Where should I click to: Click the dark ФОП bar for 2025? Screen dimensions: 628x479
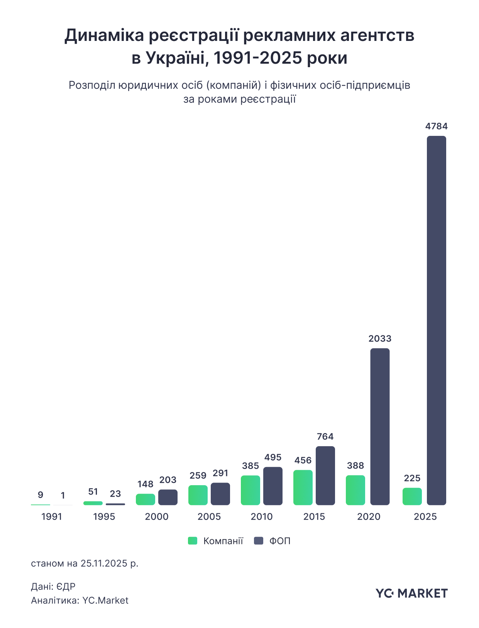[x=436, y=320]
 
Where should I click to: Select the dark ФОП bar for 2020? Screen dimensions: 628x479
[x=380, y=427]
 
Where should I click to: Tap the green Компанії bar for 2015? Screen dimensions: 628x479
[x=303, y=487]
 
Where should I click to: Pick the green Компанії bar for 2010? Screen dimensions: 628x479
[x=251, y=490]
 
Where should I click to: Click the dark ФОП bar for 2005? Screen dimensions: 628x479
[x=220, y=494]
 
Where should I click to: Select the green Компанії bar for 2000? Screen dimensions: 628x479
[x=146, y=499]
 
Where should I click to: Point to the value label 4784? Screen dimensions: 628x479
[x=437, y=126]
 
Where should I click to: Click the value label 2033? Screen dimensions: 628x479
[x=380, y=339]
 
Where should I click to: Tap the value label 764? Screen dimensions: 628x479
[x=325, y=437]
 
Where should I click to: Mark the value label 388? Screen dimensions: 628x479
[x=355, y=465]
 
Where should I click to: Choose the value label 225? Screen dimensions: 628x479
[x=412, y=478]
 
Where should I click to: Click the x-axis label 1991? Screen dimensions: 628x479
[x=52, y=516]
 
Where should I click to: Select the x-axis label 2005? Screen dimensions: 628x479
[x=209, y=516]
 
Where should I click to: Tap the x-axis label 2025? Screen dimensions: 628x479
[x=425, y=516]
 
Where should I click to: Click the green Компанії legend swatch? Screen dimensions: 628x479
[x=193, y=541]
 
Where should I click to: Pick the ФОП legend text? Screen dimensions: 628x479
[x=280, y=541]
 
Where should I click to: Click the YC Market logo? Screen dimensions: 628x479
[x=411, y=593]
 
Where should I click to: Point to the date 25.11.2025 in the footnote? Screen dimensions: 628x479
[x=104, y=563]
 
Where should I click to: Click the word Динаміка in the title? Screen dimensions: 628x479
[x=104, y=36]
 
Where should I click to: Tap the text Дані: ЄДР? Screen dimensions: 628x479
[x=53, y=586]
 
